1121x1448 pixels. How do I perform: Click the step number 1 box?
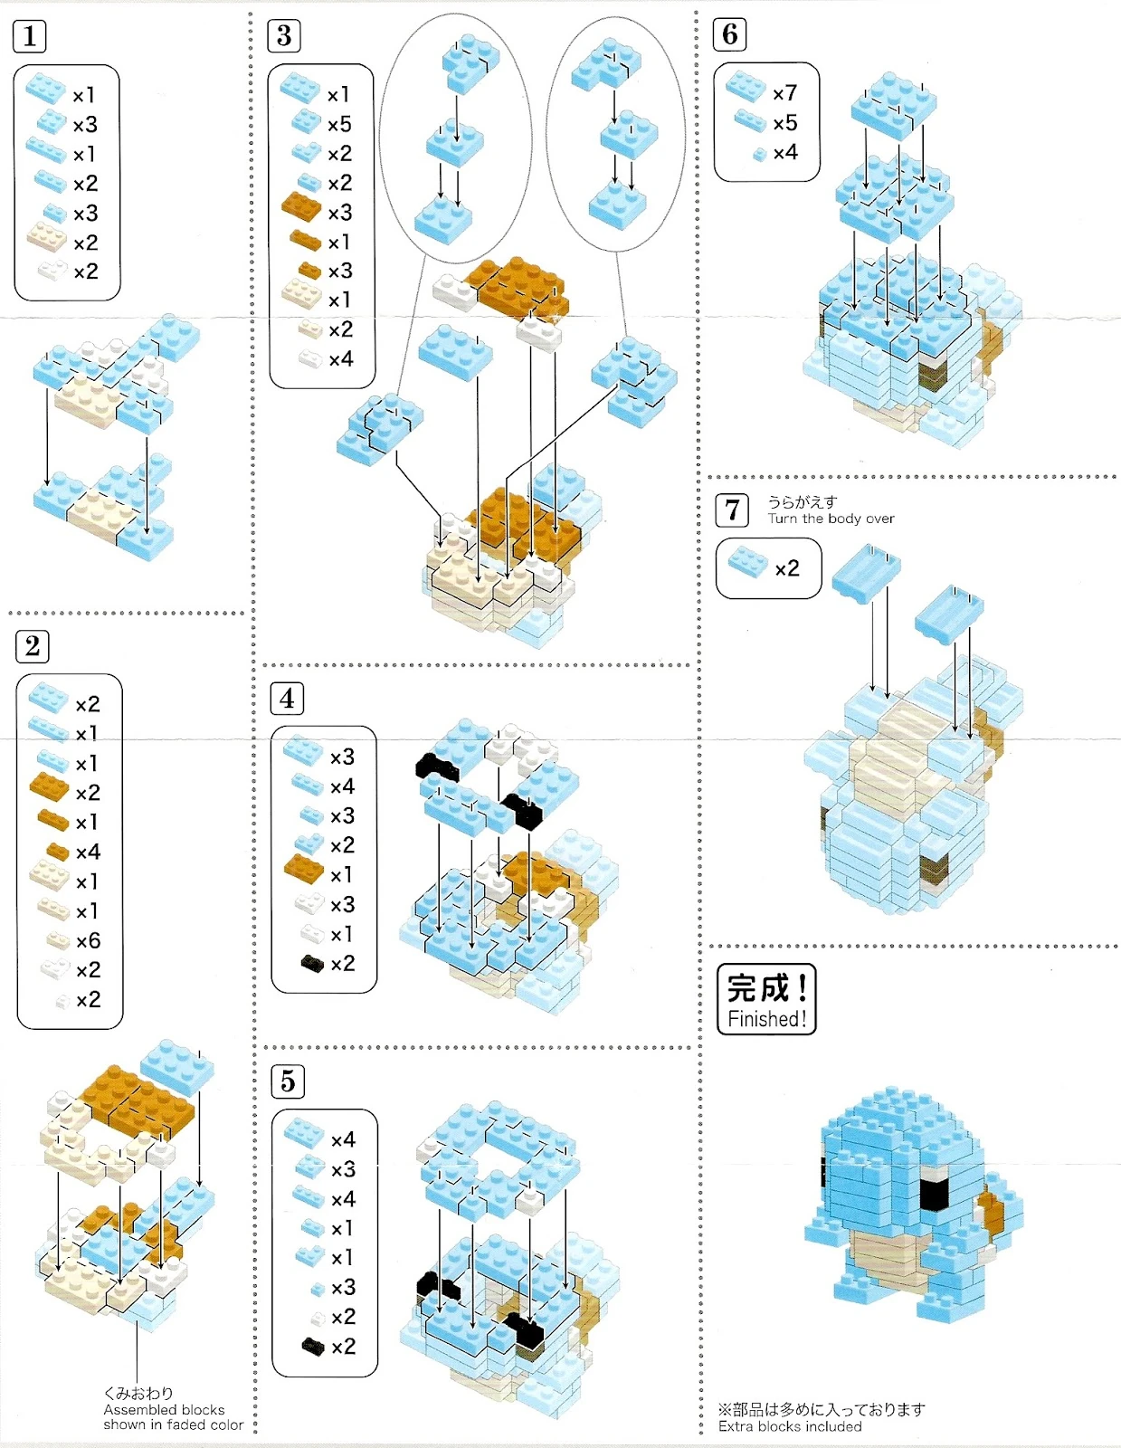coord(30,36)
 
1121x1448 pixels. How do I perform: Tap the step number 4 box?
coord(287,699)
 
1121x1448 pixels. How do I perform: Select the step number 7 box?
coord(732,510)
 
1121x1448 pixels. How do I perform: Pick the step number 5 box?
coord(288,1081)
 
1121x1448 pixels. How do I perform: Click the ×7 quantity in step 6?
coord(784,93)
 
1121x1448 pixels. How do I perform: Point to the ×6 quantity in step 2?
coord(88,941)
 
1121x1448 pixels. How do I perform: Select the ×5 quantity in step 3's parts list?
coord(339,124)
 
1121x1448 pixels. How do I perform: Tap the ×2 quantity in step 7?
coord(786,568)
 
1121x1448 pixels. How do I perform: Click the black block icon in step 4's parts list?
coord(312,964)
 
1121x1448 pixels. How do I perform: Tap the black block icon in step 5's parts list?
coord(313,1347)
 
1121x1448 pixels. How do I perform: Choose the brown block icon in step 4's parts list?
coord(303,870)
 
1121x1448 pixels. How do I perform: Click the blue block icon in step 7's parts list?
coord(747,562)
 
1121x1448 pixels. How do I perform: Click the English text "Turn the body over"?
coord(831,519)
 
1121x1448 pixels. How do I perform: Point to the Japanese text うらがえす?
coord(803,501)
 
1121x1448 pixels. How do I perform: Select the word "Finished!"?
coord(766,1019)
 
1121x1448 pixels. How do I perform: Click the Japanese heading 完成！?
coord(766,987)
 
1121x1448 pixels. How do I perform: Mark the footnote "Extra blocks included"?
coord(790,1426)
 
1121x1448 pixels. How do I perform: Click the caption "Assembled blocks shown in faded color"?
coord(173,1417)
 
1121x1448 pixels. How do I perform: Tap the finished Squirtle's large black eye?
coord(934,1193)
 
